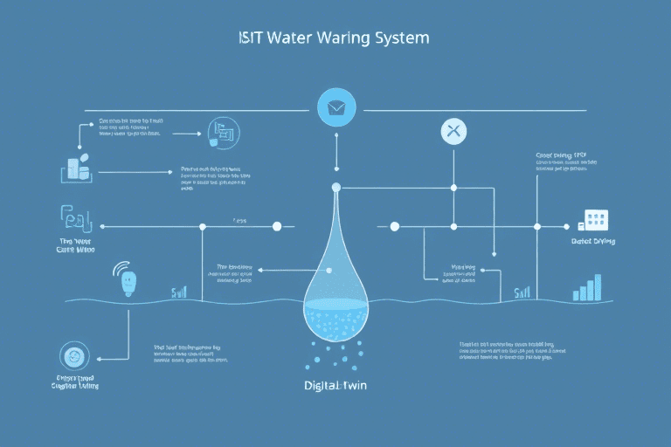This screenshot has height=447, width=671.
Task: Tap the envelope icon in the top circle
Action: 335,108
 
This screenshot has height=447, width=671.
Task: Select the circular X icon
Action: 453,132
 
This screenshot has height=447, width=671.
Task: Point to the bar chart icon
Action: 586,288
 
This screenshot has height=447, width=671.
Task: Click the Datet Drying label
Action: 592,241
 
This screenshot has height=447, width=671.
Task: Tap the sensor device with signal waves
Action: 128,279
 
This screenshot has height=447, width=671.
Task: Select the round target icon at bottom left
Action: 73,355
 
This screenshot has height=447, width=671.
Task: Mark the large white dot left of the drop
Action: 277,226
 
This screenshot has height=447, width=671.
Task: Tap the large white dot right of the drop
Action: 394,226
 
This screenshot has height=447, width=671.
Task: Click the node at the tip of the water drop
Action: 335,186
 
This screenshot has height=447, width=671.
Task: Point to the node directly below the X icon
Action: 453,187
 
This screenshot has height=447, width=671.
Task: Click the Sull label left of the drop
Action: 178,292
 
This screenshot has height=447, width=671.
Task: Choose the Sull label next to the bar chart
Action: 522,292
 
